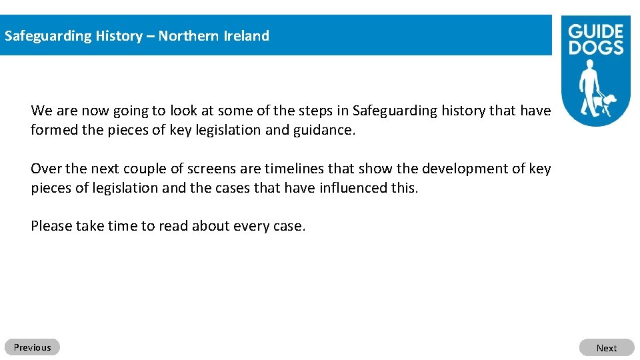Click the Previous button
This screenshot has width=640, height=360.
tap(32, 347)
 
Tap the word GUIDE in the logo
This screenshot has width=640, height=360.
tap(595, 32)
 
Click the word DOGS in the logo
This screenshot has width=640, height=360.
tap(596, 47)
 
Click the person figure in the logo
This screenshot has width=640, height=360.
tap(589, 86)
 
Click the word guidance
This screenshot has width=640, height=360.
tap(324, 130)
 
